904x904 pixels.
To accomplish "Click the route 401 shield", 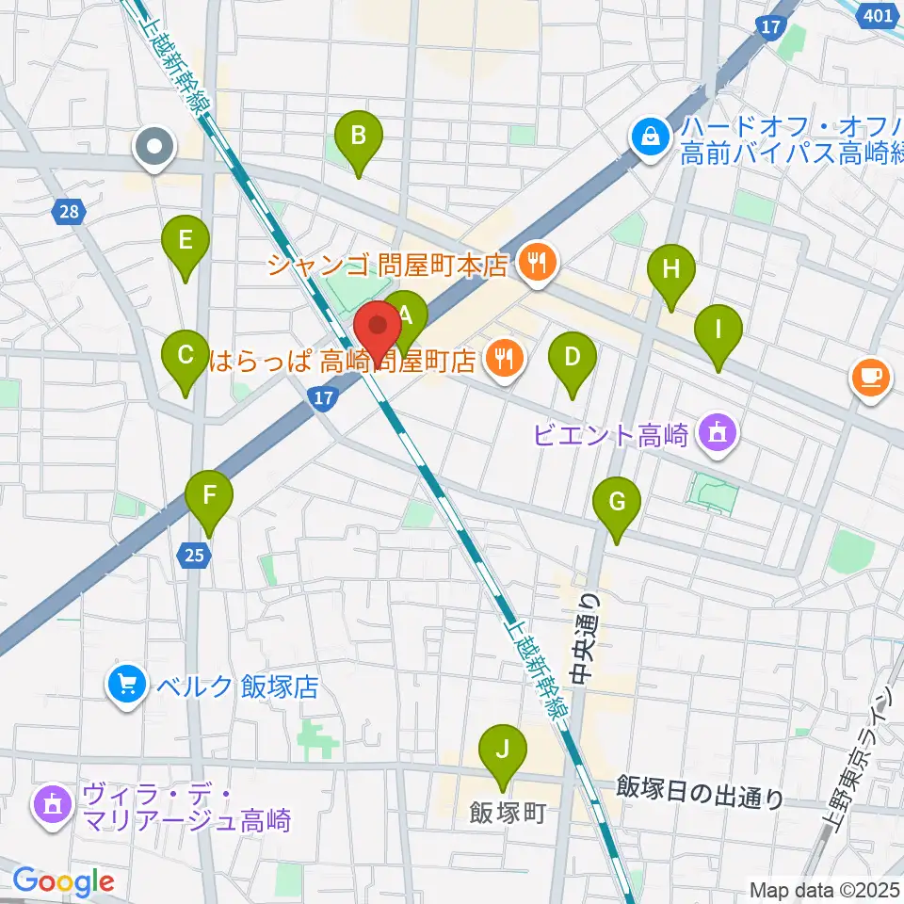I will [878, 16].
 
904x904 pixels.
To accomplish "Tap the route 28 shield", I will [69, 212].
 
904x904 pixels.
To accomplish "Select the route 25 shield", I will [193, 557].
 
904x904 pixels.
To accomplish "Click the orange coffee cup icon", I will [870, 378].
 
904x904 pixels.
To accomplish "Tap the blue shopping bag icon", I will [651, 138].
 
